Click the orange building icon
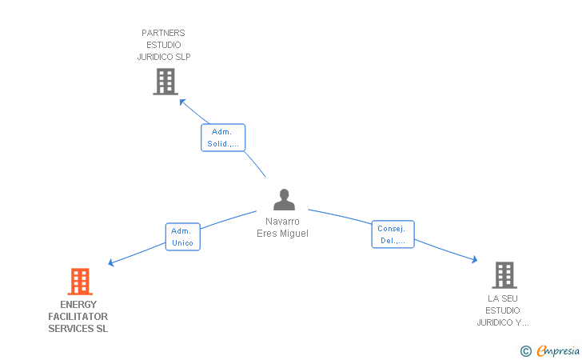(80, 282)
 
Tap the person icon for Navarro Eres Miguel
(284, 199)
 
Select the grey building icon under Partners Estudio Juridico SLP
(165, 82)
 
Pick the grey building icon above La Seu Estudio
(504, 275)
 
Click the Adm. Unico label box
(182, 237)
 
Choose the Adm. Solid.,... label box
(223, 138)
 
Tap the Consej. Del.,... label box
(393, 234)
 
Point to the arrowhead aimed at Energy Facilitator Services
(110, 262)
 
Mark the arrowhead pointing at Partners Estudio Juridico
(182, 102)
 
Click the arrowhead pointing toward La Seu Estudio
(474, 259)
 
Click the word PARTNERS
(163, 33)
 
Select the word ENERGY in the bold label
(78, 305)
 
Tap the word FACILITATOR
(78, 317)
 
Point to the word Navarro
(282, 222)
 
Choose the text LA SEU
(503, 298)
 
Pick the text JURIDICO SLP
(164, 57)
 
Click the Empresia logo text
(558, 350)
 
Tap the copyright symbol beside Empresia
(526, 351)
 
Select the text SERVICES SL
(78, 329)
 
